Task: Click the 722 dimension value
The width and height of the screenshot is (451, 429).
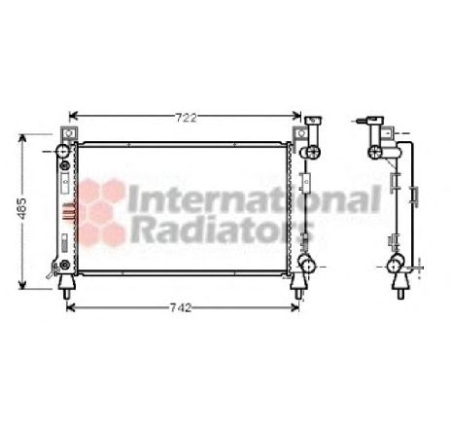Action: click(x=187, y=118)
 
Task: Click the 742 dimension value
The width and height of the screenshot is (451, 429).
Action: click(x=181, y=308)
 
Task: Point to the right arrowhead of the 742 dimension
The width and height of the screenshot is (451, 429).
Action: click(x=299, y=308)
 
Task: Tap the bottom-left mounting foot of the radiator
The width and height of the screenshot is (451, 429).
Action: click(x=66, y=282)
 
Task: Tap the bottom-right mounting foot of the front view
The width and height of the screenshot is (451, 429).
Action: click(x=297, y=282)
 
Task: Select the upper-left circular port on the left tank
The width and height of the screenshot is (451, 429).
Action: click(x=64, y=154)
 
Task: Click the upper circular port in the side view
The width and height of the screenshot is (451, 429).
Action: click(x=376, y=152)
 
